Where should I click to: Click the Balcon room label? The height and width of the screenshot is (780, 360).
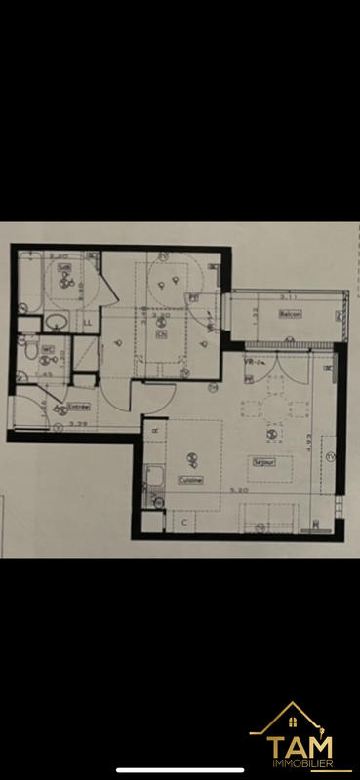coord(290,313)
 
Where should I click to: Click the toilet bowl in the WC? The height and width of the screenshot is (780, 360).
coord(31,349)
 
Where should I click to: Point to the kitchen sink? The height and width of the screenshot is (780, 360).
coord(154,479)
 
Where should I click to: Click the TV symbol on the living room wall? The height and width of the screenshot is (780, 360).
coord(329,456)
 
